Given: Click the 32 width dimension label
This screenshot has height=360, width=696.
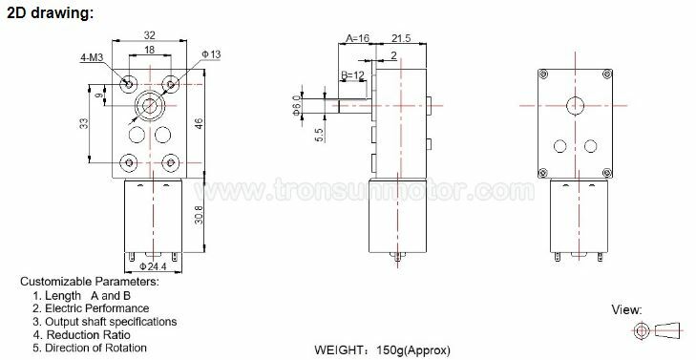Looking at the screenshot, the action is point(150,34).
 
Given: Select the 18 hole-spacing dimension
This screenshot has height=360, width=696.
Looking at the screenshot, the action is point(150,50).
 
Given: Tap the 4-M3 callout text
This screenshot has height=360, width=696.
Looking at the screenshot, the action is point(93,58).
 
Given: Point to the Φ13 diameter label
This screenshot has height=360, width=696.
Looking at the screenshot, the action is point(211,54).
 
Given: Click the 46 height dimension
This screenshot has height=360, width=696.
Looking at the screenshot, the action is point(200,123).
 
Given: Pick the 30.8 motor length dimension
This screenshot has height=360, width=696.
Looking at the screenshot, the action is point(200,215).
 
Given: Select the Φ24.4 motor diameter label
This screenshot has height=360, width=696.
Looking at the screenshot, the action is point(153,266).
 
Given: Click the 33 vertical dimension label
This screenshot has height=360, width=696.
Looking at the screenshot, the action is point(84,123).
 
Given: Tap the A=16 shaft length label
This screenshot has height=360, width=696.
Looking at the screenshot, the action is point(357,38).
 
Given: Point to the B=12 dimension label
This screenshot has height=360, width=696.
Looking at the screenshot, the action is point(353,75).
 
